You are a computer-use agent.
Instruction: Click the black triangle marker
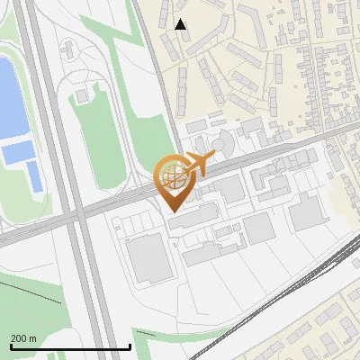click(x=181, y=24)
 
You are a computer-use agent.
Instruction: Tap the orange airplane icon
click(x=198, y=165)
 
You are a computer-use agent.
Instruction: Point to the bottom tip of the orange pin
click(x=172, y=211)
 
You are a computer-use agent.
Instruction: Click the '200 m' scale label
click(x=23, y=338)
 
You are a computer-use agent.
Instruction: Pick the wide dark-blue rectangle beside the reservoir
click(x=16, y=152)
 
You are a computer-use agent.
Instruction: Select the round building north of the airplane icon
click(x=221, y=143)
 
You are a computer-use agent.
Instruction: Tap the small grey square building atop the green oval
click(x=83, y=94)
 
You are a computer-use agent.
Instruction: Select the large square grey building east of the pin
click(x=307, y=211)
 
